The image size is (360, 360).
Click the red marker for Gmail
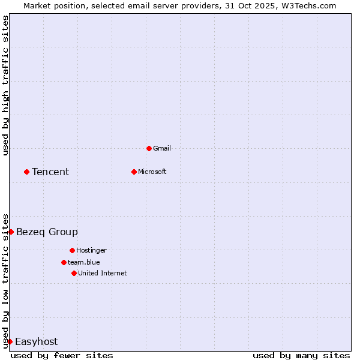click(x=149, y=148)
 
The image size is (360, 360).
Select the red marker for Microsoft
click(x=134, y=172)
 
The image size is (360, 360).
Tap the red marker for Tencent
click(x=26, y=172)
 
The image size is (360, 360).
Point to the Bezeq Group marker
click(x=11, y=232)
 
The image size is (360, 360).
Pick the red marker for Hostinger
click(x=72, y=250)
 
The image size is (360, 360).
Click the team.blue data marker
click(x=64, y=262)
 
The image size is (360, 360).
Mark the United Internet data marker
click(x=74, y=273)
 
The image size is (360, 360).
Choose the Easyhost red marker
click(x=10, y=341)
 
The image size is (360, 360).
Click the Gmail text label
click(x=162, y=148)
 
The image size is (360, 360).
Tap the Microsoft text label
click(x=152, y=172)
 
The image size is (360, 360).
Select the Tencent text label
click(x=50, y=172)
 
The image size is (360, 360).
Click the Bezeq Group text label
click(x=47, y=232)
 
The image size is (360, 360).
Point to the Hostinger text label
click(x=91, y=250)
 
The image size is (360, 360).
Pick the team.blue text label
click(x=84, y=262)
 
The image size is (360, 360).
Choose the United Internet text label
click(x=103, y=273)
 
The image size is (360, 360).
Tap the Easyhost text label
click(x=36, y=341)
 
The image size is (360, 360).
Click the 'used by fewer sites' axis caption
click(x=62, y=355)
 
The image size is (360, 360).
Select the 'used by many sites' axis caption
click(x=301, y=355)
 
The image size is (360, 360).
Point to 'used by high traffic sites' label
click(x=5, y=85)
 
